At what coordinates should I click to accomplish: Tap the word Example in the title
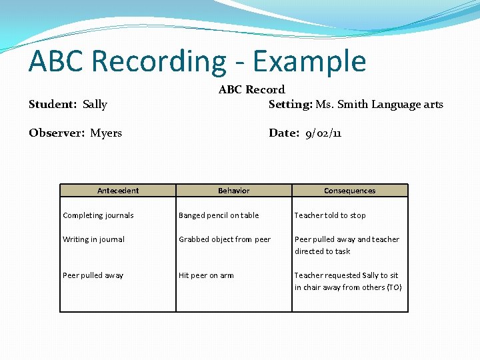[x=309, y=61]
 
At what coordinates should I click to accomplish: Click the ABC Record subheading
[x=251, y=89]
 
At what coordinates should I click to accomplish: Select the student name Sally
[x=95, y=104]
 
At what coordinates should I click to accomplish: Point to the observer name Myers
[x=106, y=133]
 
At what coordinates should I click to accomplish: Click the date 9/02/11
[x=323, y=133]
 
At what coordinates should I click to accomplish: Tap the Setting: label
[x=290, y=104]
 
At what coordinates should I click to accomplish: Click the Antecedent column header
[x=118, y=191]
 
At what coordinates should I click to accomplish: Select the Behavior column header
[x=234, y=191]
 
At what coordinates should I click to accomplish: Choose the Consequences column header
[x=350, y=191]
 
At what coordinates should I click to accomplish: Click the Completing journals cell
[x=98, y=215]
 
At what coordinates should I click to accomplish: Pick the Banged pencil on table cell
[x=219, y=215]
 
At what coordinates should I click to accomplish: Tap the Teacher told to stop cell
[x=330, y=215]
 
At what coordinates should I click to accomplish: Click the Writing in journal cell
[x=93, y=239]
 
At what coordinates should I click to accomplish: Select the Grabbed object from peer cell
[x=225, y=239]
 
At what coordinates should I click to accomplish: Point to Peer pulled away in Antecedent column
[x=93, y=275]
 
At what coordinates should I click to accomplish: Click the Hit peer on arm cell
[x=206, y=275]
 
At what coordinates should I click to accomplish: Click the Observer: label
[x=57, y=133]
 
